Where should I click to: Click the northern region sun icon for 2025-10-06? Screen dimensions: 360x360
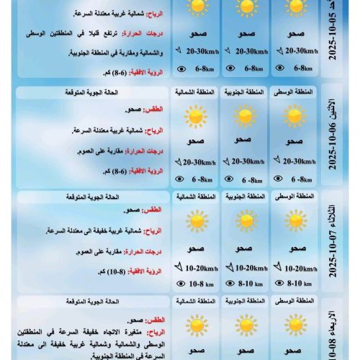point(195,116)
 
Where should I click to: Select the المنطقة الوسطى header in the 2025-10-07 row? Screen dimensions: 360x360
point(294,197)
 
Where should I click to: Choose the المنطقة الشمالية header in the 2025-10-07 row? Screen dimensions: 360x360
point(195,197)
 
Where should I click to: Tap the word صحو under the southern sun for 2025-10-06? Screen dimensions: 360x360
point(243,140)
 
